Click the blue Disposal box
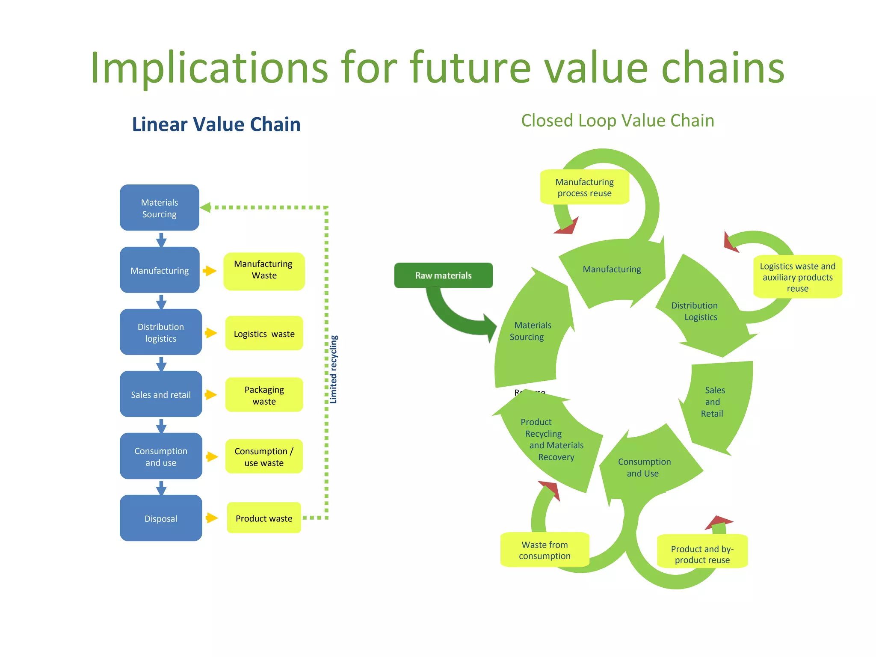point(161,518)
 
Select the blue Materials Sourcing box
point(160,208)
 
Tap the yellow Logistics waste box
point(264,334)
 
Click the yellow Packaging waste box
point(264,395)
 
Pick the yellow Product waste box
point(264,518)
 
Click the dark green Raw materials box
point(443,275)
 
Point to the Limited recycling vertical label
point(334,369)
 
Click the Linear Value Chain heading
point(216,124)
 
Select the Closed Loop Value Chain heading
point(617,121)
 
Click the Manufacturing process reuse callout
point(584,187)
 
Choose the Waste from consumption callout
point(545,550)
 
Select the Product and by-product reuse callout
point(702,554)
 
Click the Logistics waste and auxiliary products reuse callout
point(797,277)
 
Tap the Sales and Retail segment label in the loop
point(713,402)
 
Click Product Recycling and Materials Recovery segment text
point(552,439)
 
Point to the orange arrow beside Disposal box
point(211,518)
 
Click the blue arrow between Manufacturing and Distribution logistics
point(161,301)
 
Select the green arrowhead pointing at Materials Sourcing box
point(206,207)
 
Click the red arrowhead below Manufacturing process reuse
point(568,227)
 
